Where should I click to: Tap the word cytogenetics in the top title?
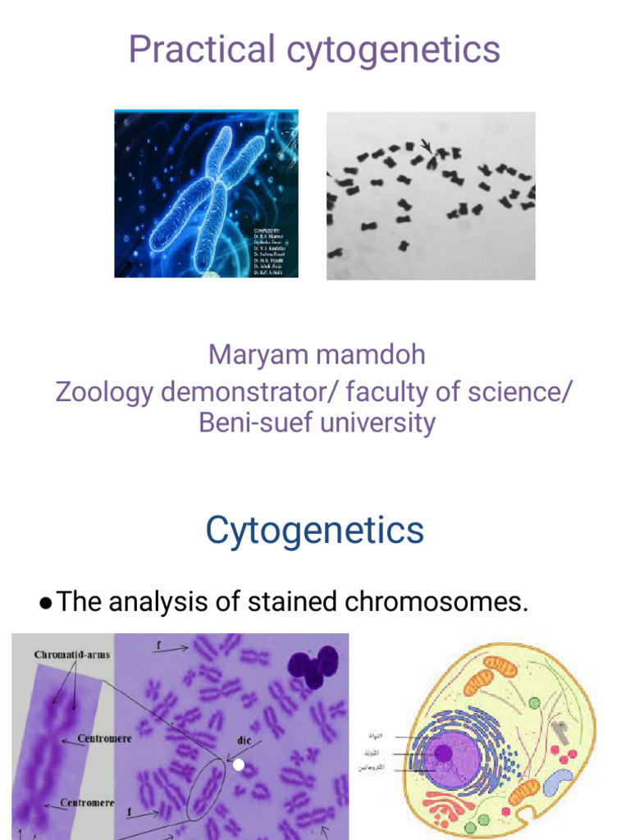[x=393, y=51]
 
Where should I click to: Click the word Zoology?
[x=104, y=391]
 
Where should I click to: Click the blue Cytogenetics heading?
[x=315, y=531]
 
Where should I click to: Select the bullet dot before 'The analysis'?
[x=46, y=604]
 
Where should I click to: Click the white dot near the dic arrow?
[x=239, y=765]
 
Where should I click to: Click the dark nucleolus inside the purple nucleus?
[x=444, y=752]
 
